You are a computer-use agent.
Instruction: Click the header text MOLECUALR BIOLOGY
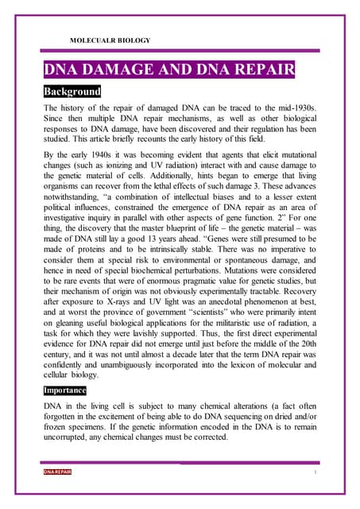(x=110, y=40)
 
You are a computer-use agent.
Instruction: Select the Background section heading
(x=72, y=91)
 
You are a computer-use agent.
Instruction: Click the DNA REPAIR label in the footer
(x=57, y=472)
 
